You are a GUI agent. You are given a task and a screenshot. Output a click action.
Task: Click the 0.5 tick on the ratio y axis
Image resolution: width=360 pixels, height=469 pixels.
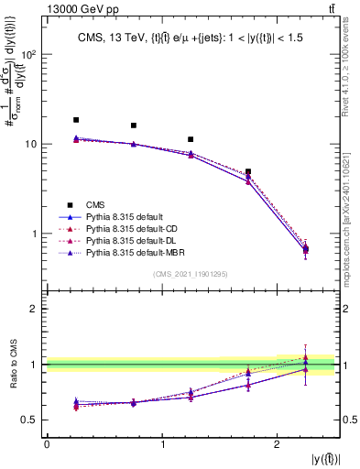tap(33, 420)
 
